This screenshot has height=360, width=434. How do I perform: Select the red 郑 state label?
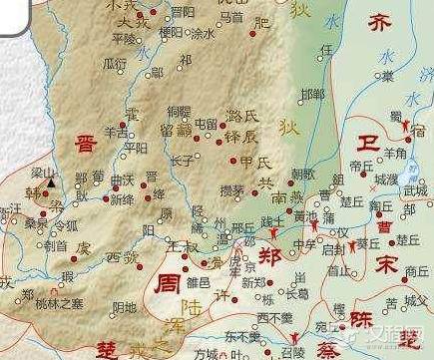(269, 253)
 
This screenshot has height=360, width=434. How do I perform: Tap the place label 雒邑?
(200, 282)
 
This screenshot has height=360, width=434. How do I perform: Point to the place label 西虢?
(121, 258)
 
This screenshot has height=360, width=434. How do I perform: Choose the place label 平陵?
(125, 38)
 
